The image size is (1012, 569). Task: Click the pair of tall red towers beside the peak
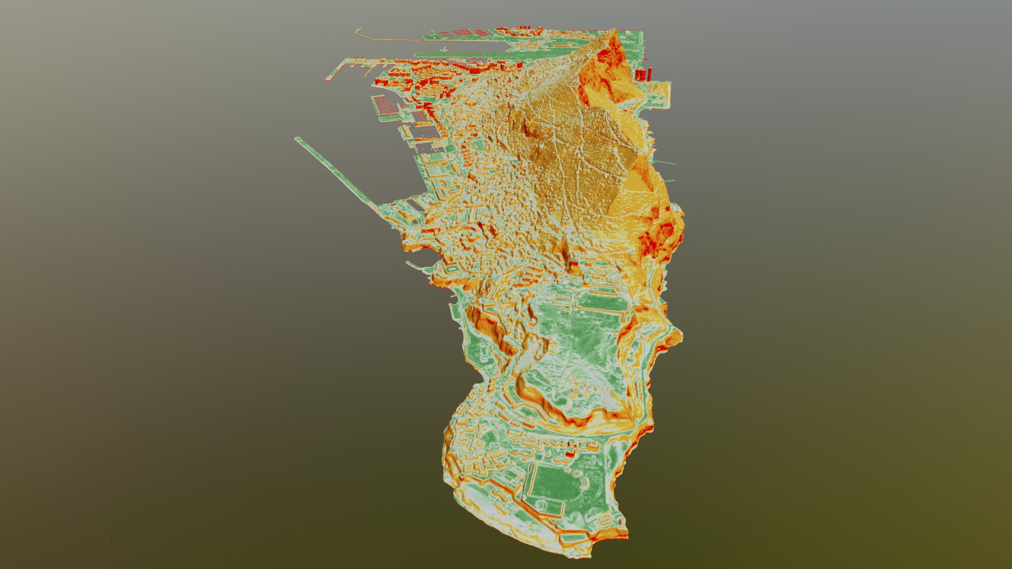pyautogui.click(x=644, y=74)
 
